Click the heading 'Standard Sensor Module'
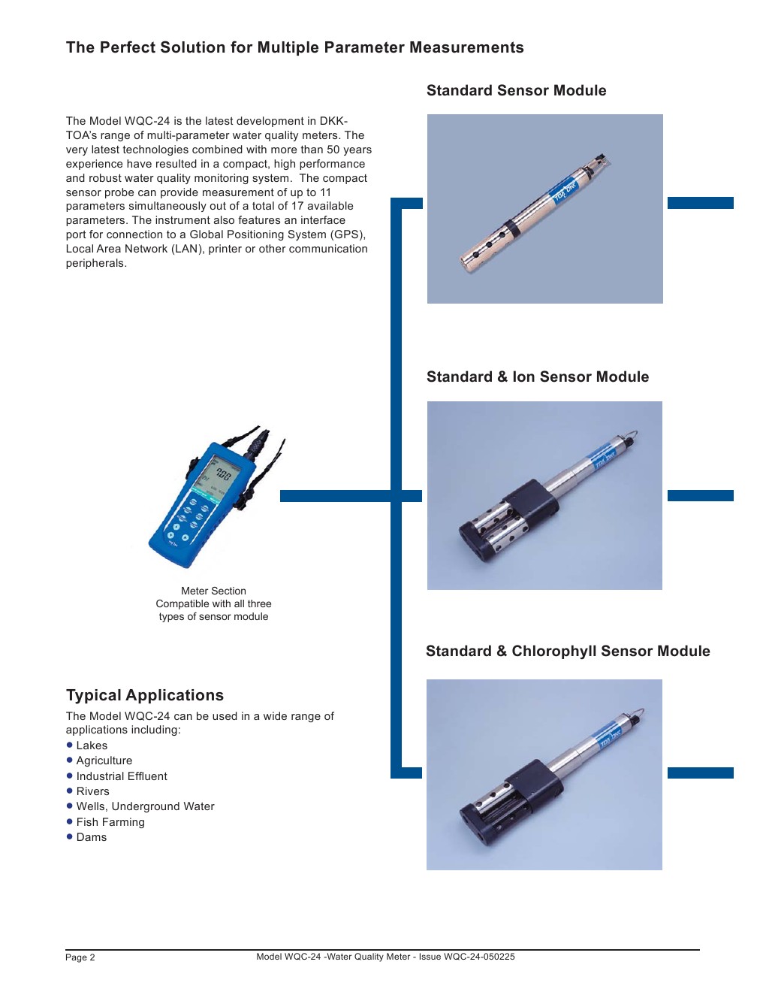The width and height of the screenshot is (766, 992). (516, 91)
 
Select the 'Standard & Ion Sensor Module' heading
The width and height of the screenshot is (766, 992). (537, 377)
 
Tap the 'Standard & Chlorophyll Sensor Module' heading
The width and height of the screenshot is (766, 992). (567, 652)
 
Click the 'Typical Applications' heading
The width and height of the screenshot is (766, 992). (145, 696)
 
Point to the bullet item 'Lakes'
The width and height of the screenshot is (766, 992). (92, 746)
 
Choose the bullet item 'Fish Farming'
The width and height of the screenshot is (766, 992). (110, 822)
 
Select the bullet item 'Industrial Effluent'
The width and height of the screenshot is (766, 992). (122, 776)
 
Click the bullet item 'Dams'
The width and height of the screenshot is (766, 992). (92, 837)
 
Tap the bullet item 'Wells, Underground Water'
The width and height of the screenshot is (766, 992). (145, 806)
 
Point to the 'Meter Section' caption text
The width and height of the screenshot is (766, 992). (213, 591)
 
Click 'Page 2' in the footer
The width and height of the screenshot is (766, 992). (80, 957)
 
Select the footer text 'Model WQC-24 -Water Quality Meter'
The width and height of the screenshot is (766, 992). (334, 957)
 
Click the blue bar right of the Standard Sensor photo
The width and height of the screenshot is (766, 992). (700, 203)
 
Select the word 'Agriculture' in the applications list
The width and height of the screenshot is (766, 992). (104, 761)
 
